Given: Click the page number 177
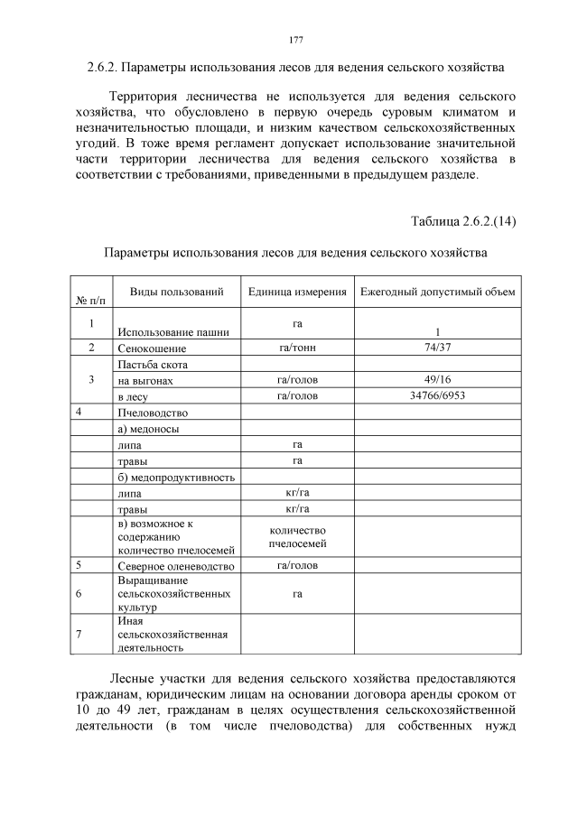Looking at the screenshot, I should click(295, 40).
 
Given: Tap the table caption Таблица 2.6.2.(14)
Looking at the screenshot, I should click(463, 220).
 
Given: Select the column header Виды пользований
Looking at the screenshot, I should click(176, 292).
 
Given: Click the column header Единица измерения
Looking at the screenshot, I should click(297, 292).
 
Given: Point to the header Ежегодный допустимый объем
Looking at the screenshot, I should click(437, 292).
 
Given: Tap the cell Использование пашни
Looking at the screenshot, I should click(172, 331).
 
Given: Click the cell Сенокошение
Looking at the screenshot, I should click(152, 348).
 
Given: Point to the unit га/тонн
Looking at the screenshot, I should click(297, 347).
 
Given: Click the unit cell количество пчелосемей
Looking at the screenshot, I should click(297, 537).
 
